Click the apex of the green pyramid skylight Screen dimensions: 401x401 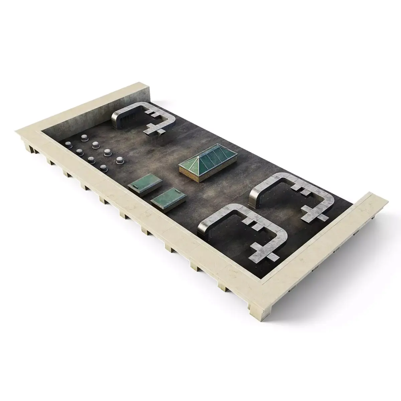pyautogui.click(x=200, y=156)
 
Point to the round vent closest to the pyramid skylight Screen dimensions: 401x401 pyautogui.click(x=119, y=160)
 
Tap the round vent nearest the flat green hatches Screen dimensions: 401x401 pyautogui.click(x=104, y=168)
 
